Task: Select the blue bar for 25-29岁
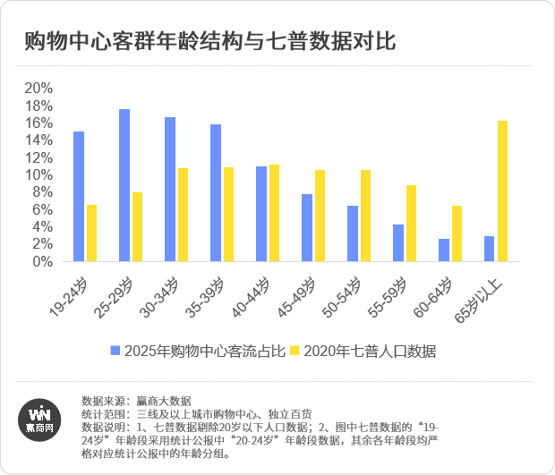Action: [124, 185]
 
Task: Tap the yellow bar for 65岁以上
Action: [502, 191]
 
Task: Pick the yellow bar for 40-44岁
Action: [274, 213]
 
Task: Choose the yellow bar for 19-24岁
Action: [91, 233]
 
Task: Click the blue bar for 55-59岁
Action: [398, 243]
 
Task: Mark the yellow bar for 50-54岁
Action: [365, 216]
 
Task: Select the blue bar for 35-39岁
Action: [216, 193]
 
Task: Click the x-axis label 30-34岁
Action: [158, 296]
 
